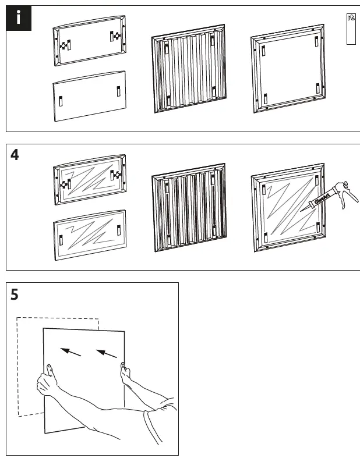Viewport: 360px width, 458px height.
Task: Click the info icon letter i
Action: [19, 17]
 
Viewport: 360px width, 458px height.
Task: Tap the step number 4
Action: [15, 157]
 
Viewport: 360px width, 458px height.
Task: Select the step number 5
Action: [15, 295]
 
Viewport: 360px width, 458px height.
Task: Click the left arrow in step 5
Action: [71, 352]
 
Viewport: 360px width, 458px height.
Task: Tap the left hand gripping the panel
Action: [47, 381]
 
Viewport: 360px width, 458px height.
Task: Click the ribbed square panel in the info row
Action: [188, 69]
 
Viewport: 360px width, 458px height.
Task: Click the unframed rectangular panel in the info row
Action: [89, 95]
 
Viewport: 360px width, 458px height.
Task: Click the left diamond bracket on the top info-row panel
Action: [62, 45]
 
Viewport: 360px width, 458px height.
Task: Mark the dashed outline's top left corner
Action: [17, 318]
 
